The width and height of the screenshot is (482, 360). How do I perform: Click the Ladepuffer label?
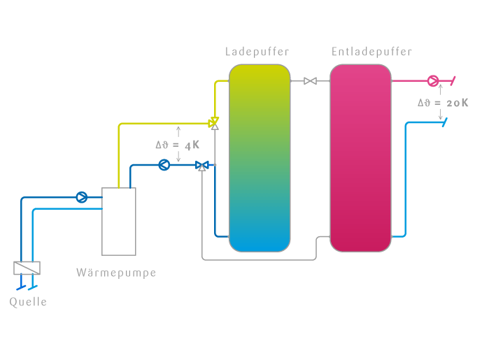pyautogui.click(x=257, y=52)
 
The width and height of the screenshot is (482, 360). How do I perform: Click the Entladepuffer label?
pyautogui.click(x=371, y=52)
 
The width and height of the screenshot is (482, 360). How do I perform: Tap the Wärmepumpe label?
pyautogui.click(x=116, y=273)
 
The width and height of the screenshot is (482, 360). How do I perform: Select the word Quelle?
pyautogui.click(x=28, y=302)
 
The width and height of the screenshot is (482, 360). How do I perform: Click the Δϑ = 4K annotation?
pyautogui.click(x=177, y=145)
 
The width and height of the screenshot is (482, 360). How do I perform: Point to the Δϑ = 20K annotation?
pyautogui.click(x=443, y=103)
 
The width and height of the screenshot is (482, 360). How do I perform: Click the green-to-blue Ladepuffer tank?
pyautogui.click(x=259, y=157)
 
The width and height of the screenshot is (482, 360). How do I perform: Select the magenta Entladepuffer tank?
pyautogui.click(x=360, y=157)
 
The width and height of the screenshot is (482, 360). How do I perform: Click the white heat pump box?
pyautogui.click(x=119, y=221)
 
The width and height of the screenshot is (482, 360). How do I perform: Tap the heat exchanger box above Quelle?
pyautogui.click(x=27, y=268)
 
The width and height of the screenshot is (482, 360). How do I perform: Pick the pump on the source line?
pyautogui.click(x=82, y=197)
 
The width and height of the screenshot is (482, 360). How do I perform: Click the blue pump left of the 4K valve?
pyautogui.click(x=164, y=165)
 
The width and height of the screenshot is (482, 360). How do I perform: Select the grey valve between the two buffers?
pyautogui.click(x=310, y=81)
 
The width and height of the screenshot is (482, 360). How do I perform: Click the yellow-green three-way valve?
pyautogui.click(x=214, y=123)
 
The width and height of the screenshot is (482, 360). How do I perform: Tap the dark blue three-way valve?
pyautogui.click(x=202, y=166)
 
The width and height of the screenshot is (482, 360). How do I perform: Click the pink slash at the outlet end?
pyautogui.click(x=453, y=80)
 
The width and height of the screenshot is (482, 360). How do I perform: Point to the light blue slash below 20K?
pyautogui.click(x=444, y=122)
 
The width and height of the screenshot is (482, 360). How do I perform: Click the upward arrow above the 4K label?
pyautogui.click(x=178, y=131)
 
